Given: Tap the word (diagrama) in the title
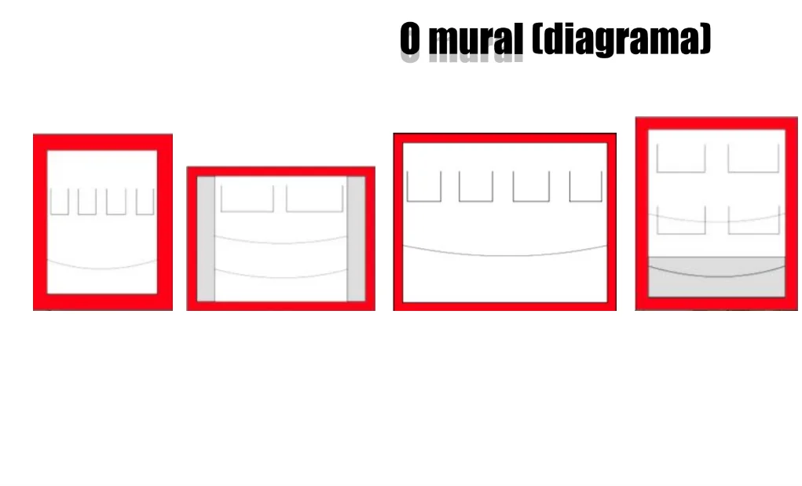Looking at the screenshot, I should coord(621,39).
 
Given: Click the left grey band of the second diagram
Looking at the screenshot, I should coord(206,239).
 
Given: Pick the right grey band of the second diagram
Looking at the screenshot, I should coord(356,239).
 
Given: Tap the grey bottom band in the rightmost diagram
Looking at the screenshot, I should coord(716,276).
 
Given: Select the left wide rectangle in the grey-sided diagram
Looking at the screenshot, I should coord(247,198).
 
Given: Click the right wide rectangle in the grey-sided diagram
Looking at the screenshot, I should coord(314,198).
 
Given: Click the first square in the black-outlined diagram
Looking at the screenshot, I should coord(423,186).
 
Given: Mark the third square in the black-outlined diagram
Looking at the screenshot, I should coord(531,186).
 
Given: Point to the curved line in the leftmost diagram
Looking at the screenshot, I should coord(102,268).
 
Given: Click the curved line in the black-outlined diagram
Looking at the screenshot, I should coord(504,255).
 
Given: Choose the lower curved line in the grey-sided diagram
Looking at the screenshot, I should coord(280,276).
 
